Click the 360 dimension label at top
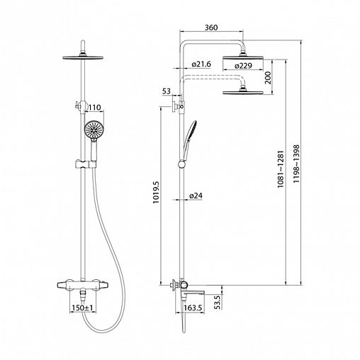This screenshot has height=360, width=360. pyautogui.click(x=211, y=28)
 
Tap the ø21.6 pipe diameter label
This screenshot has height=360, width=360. pyautogui.click(x=201, y=64)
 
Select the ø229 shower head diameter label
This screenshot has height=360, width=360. pyautogui.click(x=243, y=66)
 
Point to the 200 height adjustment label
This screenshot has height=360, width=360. pyautogui.click(x=268, y=77)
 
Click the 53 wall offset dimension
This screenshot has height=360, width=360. pyautogui.click(x=167, y=91)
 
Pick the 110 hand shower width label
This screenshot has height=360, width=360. pyautogui.click(x=95, y=108)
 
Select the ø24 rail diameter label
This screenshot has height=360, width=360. pyautogui.click(x=196, y=196)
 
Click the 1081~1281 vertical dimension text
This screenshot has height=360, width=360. pyautogui.click(x=281, y=169)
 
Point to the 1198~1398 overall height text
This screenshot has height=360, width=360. pyautogui.click(x=296, y=164)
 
